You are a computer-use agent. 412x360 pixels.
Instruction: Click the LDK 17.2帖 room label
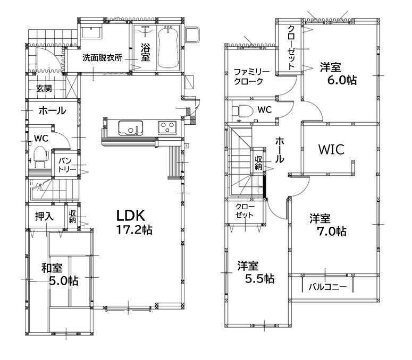click(134, 222)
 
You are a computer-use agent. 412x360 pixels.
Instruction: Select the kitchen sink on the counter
click(131, 128)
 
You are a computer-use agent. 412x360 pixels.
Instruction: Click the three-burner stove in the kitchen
click(167, 128)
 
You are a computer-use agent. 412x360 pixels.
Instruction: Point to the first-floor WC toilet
click(41, 157)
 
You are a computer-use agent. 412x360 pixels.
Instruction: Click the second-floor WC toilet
click(242, 110)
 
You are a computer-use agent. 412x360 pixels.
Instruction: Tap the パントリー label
click(67, 165)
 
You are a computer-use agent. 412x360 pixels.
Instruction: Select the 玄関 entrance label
click(44, 89)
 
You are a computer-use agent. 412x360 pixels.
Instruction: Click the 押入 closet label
click(44, 216)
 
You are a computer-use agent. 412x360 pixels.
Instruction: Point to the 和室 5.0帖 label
click(60, 275)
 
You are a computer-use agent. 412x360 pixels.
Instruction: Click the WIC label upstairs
click(331, 149)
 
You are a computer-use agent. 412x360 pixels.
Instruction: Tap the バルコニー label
click(327, 287)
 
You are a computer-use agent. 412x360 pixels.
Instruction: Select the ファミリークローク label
click(251, 76)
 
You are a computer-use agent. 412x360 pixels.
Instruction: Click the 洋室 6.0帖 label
click(338, 74)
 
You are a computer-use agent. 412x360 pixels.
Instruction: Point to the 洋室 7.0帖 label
click(327, 225)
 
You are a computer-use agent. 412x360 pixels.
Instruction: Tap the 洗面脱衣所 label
click(103, 57)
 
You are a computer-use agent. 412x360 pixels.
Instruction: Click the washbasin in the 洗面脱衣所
click(91, 32)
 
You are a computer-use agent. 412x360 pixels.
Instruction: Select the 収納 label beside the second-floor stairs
click(258, 162)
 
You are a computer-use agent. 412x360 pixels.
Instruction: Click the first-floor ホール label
click(52, 111)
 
